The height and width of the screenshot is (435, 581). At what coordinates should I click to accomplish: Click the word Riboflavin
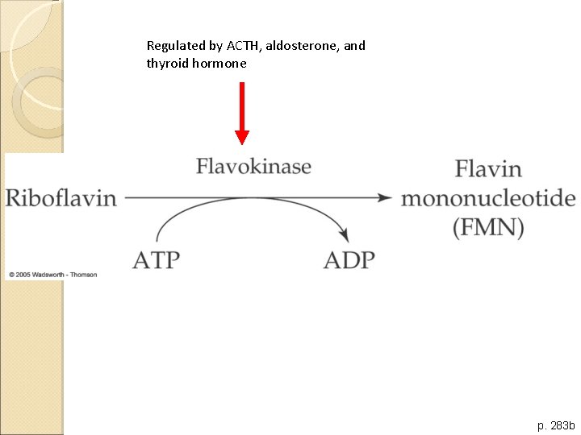click(61, 198)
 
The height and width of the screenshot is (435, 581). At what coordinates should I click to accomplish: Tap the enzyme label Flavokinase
click(253, 167)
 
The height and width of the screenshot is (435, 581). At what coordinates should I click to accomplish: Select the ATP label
click(157, 260)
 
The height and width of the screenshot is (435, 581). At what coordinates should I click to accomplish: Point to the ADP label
click(349, 260)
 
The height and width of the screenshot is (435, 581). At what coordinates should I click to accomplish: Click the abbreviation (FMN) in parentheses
click(488, 228)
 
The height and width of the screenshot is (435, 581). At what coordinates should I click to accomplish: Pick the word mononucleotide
click(488, 198)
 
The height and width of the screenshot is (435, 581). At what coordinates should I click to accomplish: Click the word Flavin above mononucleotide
click(488, 169)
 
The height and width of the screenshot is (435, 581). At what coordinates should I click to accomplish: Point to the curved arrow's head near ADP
click(345, 235)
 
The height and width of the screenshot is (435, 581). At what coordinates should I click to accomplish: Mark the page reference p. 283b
click(556, 425)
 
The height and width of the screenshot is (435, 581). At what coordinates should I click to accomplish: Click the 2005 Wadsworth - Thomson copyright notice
click(52, 275)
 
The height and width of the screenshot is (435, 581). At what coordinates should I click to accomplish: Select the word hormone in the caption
click(219, 63)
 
